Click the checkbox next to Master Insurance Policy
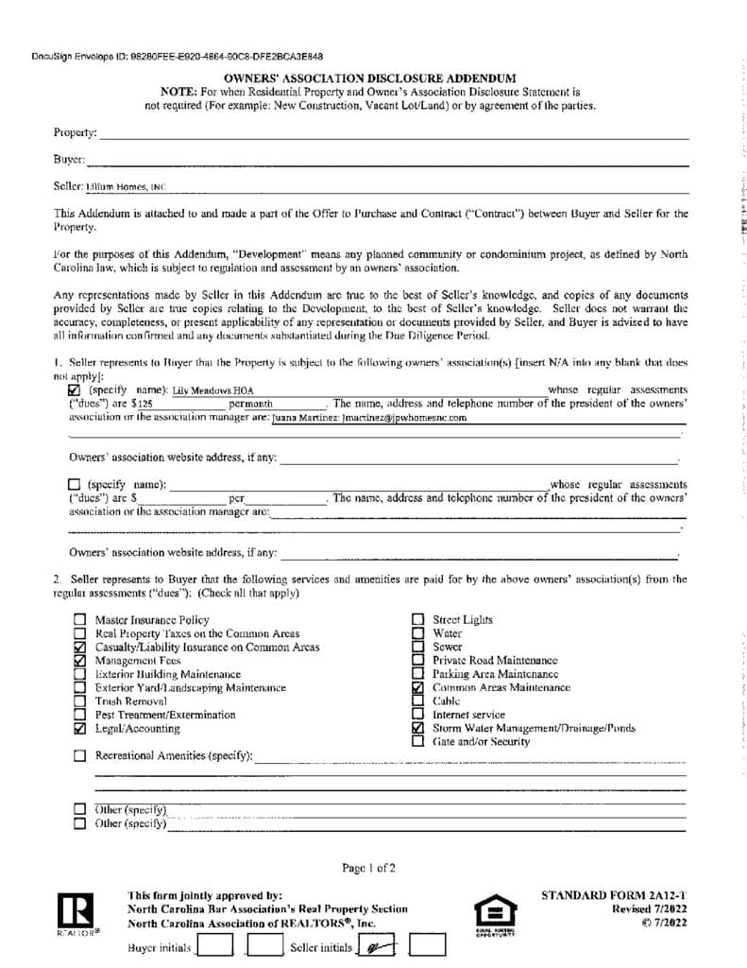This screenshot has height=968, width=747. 79,620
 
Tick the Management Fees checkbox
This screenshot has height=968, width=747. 79,661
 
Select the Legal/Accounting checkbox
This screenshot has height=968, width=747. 79,729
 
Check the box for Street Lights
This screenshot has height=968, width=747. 417,620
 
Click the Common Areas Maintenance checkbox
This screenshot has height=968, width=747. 417,688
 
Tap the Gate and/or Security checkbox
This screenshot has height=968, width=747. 417,742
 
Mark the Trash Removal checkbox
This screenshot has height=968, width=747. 79,701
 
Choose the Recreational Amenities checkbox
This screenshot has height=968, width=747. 79,756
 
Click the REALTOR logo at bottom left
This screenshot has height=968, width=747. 76,912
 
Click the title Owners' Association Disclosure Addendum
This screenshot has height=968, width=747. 370,78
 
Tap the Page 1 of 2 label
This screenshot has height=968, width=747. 369,867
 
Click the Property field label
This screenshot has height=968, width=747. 76,133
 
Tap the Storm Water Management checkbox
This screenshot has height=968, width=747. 417,729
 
